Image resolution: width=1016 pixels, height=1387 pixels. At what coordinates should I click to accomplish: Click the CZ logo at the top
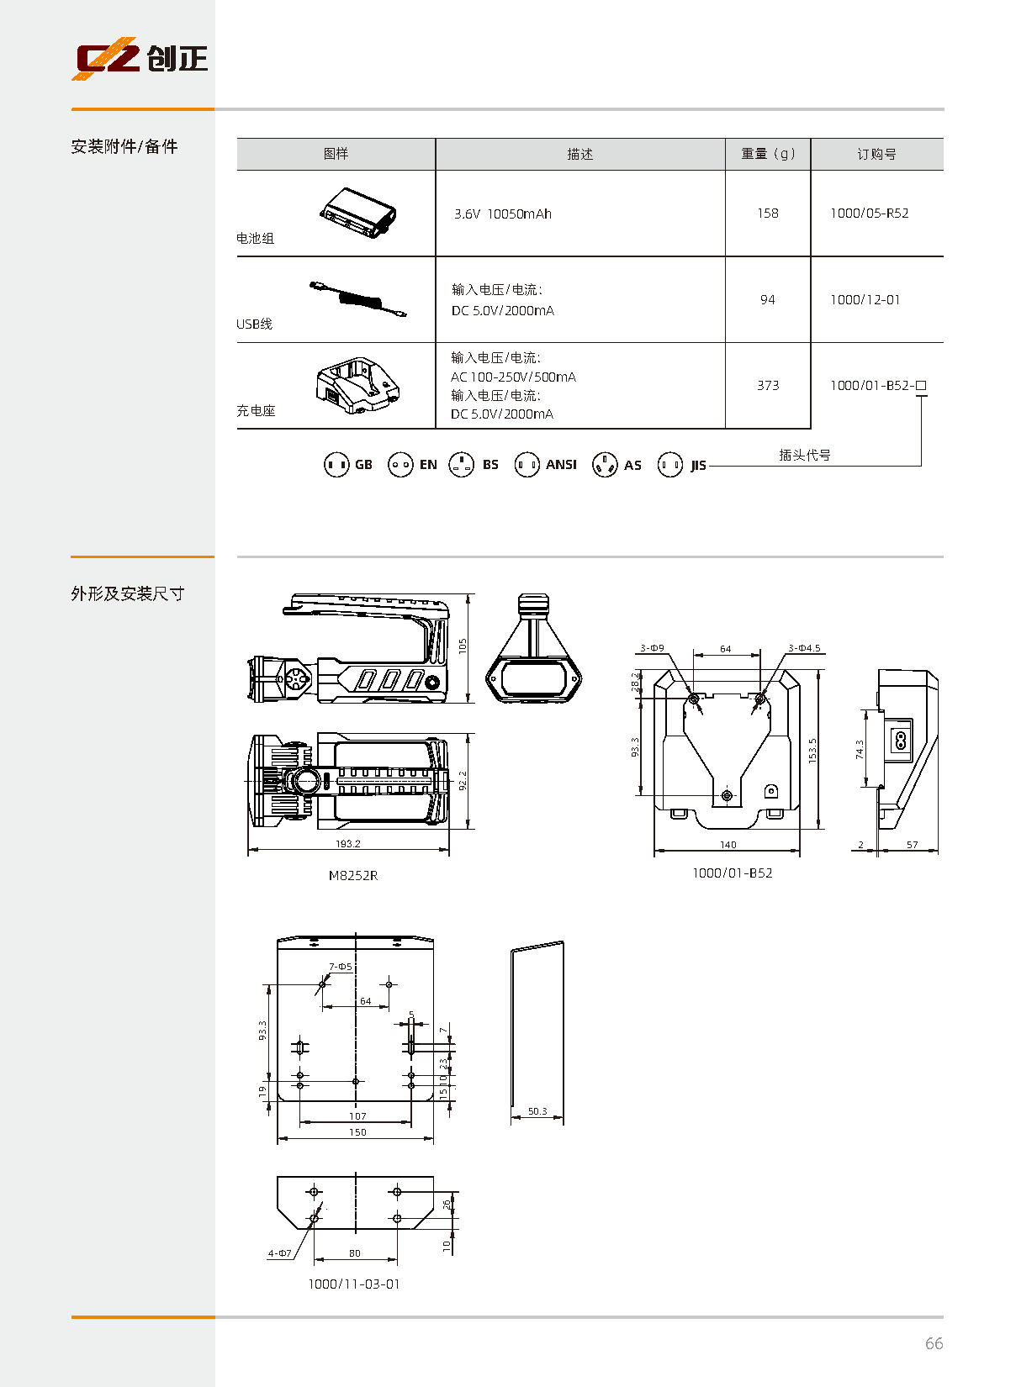point(140,58)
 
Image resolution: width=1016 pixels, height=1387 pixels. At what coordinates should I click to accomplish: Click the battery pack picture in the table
point(358,213)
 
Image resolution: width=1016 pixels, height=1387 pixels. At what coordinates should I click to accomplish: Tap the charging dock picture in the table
point(358,385)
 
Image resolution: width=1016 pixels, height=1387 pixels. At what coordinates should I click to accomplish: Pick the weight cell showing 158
point(768,213)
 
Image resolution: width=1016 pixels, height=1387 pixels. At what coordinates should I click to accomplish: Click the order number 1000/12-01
point(865,300)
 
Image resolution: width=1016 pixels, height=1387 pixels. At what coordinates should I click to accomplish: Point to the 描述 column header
point(579,154)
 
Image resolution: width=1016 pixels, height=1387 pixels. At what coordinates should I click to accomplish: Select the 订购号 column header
point(876,154)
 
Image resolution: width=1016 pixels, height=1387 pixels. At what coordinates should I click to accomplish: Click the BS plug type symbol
point(462,464)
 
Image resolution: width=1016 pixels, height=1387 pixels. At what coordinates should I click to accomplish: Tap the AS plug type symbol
point(605,464)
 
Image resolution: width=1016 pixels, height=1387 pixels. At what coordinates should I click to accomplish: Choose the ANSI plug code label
point(561,464)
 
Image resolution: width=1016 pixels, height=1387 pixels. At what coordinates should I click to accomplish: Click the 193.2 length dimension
point(348,843)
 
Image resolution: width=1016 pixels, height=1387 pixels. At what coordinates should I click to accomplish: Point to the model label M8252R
point(353,875)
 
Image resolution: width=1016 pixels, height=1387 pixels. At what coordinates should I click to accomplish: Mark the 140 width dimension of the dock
point(728,845)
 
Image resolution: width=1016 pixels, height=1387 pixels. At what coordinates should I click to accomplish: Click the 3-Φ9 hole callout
point(653,647)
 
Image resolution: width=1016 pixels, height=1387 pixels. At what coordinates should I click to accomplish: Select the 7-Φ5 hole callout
point(340,966)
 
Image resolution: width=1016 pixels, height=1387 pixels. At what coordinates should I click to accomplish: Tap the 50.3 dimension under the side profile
point(537,1111)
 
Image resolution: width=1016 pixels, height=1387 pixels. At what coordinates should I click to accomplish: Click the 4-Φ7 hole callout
point(279,1253)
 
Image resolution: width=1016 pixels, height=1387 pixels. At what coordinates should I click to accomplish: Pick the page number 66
point(934,1343)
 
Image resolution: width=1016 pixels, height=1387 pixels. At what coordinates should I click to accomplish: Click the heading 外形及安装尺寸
point(128,593)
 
